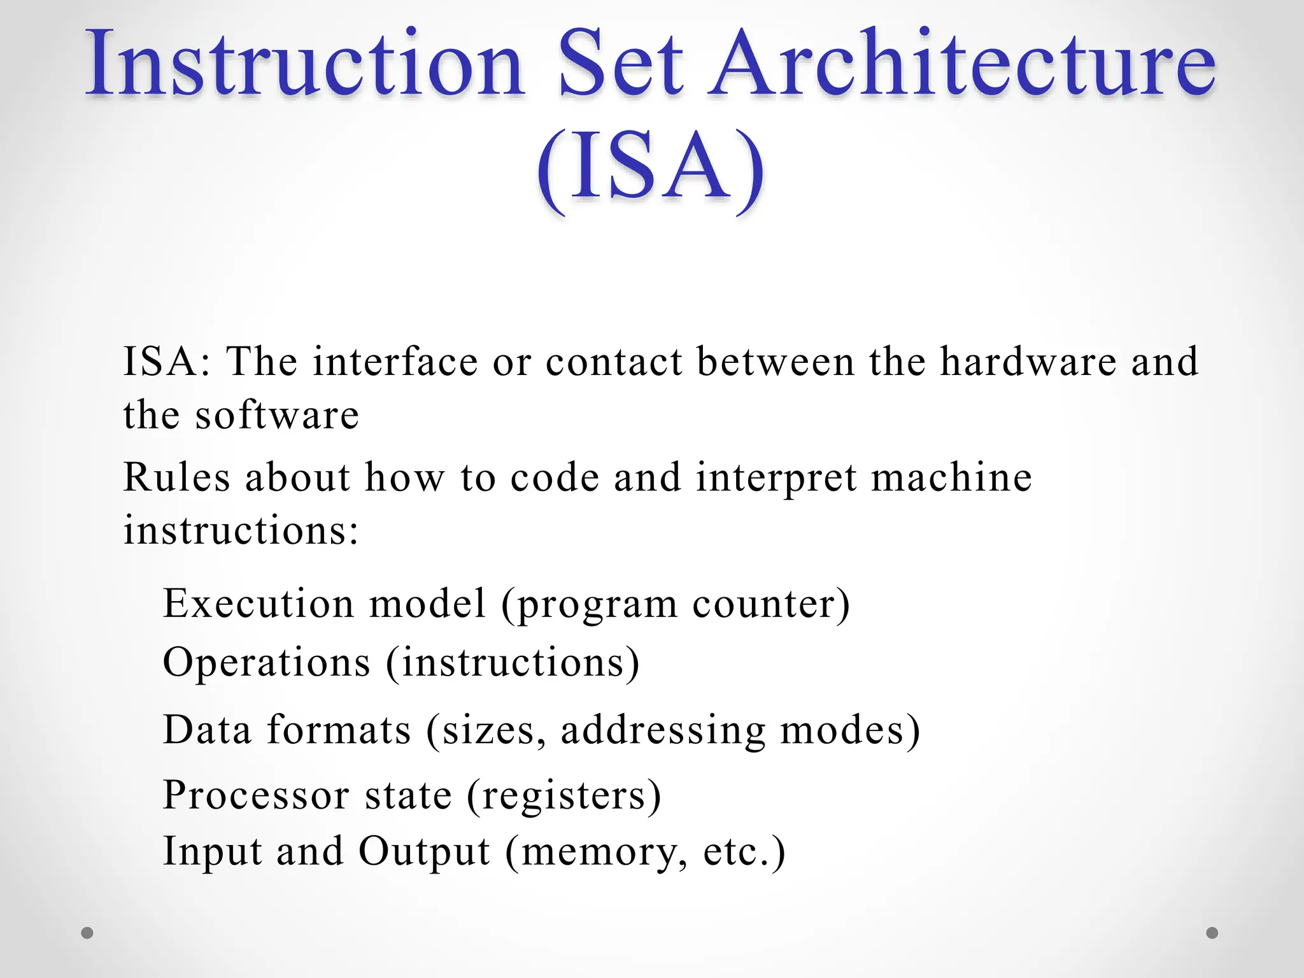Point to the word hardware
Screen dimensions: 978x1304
pyautogui.click(x=1028, y=362)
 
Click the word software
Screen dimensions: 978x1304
pyautogui.click(x=277, y=415)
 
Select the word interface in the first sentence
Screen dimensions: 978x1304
pyautogui.click(x=395, y=362)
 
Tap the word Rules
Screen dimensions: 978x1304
pyautogui.click(x=176, y=478)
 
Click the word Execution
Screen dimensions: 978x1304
pyautogui.click(x=259, y=604)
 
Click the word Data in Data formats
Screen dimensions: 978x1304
pyautogui.click(x=207, y=730)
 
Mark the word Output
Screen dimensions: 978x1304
pyautogui.click(x=424, y=852)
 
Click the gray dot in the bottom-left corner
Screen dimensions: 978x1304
pyautogui.click(x=87, y=933)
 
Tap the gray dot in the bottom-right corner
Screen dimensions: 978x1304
pyautogui.click(x=1212, y=933)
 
